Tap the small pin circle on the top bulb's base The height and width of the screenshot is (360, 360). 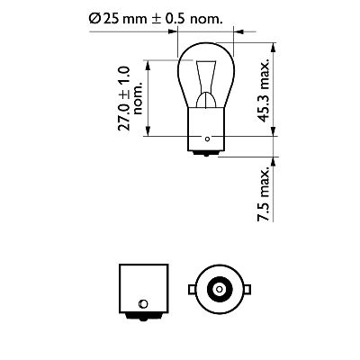(x=208, y=139)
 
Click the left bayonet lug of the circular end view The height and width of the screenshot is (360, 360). (x=192, y=290)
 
